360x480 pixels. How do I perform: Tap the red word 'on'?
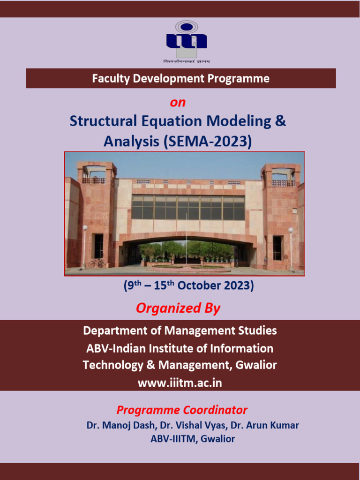(x=178, y=103)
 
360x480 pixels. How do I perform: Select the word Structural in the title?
(x=103, y=121)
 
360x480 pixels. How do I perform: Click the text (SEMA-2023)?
(x=208, y=142)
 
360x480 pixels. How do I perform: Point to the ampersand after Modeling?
(x=280, y=121)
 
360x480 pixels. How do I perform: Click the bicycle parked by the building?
(x=97, y=263)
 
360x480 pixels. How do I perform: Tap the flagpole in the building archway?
(x=186, y=237)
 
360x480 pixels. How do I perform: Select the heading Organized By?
(x=178, y=308)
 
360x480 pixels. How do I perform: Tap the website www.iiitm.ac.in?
(x=180, y=383)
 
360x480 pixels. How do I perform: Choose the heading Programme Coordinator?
(x=182, y=410)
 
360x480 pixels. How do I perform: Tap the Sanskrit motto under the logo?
(x=187, y=61)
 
